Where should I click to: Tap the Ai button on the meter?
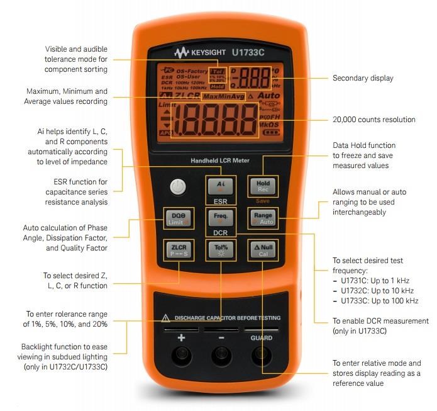[220, 186]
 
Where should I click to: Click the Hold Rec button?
[262, 186]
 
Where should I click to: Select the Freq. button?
[220, 218]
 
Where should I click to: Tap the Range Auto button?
[262, 218]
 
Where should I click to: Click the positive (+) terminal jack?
[180, 356]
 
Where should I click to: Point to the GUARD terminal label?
[262, 338]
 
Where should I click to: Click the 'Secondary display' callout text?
[362, 79]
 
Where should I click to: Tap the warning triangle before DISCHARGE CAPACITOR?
[166, 318]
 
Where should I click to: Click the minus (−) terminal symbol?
[221, 338]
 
